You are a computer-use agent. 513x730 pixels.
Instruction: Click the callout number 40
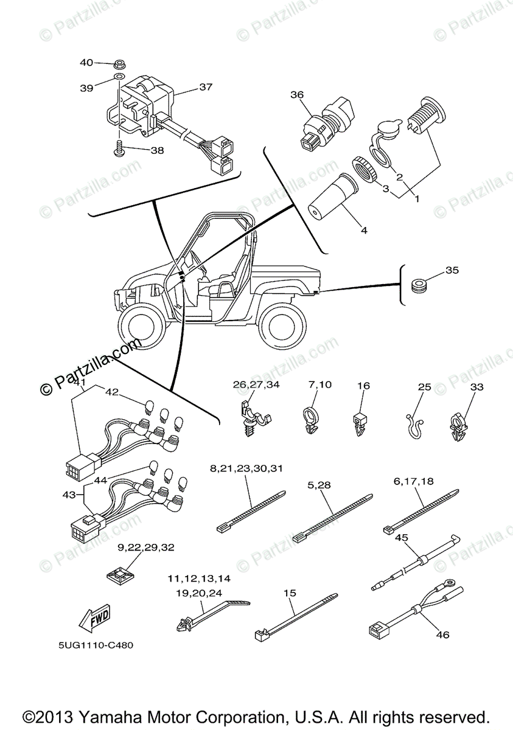pos(86,62)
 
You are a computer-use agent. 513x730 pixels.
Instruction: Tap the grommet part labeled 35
pos(418,285)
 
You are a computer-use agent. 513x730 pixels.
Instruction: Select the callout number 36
pos(296,94)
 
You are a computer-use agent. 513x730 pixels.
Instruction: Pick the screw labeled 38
pos(120,148)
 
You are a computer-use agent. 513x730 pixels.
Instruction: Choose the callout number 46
pos(442,634)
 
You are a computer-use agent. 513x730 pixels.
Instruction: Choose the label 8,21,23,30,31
pos(246,468)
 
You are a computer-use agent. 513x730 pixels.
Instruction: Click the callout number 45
pos(402,537)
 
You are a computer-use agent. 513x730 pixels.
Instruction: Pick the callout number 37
pos(206,87)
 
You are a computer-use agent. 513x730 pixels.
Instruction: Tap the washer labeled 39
pos(120,77)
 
